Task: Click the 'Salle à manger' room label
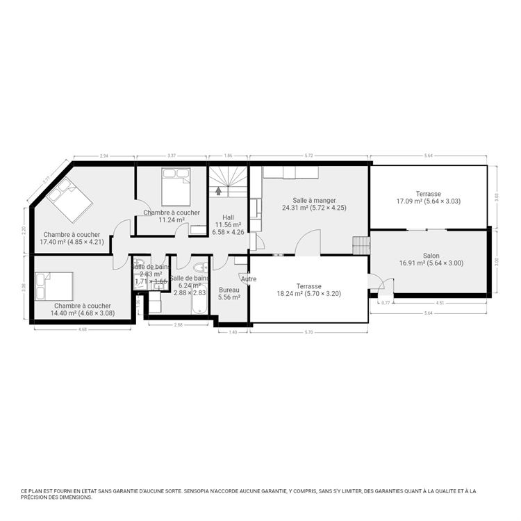tap(314, 200)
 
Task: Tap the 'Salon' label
tap(431, 255)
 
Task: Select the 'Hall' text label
tap(228, 217)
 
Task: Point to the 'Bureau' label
tap(229, 290)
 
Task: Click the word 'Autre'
tap(249, 279)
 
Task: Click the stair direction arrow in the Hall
tap(220, 189)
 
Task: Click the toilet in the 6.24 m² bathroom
tap(199, 267)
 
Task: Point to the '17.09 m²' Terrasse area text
tap(428, 201)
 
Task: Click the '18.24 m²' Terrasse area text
tap(308, 294)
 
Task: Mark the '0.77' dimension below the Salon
tap(386, 303)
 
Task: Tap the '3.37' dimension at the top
tap(171, 156)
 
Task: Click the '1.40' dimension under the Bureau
tap(233, 333)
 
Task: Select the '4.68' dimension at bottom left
tap(82, 331)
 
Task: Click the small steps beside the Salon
tap(361, 246)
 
